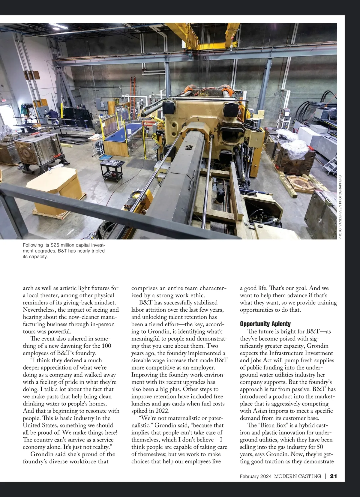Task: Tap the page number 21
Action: [x=334, y=476]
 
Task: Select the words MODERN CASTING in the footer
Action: [x=298, y=476]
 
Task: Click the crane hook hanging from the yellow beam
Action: [x=231, y=46]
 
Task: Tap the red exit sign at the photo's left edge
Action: [x=3, y=101]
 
